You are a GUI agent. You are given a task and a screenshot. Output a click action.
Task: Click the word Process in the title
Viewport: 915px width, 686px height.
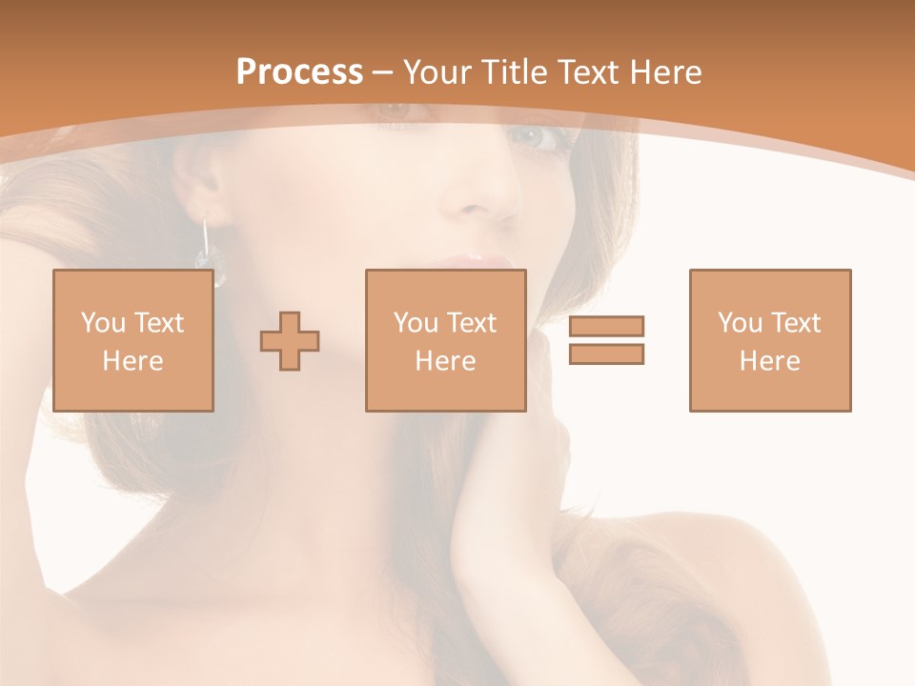pyautogui.click(x=299, y=72)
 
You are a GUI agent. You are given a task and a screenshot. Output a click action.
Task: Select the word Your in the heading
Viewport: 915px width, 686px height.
pyautogui.click(x=437, y=72)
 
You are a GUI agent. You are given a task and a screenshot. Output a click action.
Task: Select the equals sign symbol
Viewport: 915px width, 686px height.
pyautogui.click(x=606, y=340)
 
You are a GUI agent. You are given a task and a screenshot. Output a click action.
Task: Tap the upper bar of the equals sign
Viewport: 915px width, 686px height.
pyautogui.click(x=606, y=327)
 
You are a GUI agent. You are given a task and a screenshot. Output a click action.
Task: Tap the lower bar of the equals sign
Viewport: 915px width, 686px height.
pyautogui.click(x=606, y=353)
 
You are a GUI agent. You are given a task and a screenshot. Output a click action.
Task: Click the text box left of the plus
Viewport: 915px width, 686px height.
pyautogui.click(x=133, y=340)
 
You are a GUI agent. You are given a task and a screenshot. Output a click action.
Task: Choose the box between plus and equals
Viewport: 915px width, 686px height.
pyautogui.click(x=445, y=340)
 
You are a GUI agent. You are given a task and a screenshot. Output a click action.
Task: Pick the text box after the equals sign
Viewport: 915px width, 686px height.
pyautogui.click(x=769, y=340)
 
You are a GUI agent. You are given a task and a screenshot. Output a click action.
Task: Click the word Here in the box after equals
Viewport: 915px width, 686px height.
pyautogui.click(x=769, y=361)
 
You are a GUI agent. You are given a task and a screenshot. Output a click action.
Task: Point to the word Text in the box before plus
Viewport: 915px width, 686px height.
pyautogui.click(x=159, y=323)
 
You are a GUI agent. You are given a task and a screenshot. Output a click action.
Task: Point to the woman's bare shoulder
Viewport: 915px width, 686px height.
pyautogui.click(x=743, y=572)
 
